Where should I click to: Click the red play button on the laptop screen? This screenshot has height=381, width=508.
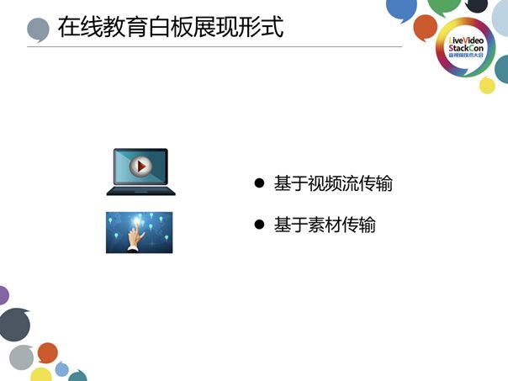(140, 167)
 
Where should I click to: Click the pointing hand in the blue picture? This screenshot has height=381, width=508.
(134, 240)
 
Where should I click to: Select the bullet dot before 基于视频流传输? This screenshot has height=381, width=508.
(260, 183)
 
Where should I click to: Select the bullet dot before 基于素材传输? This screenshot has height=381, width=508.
(260, 225)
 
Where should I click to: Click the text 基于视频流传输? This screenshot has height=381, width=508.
(333, 183)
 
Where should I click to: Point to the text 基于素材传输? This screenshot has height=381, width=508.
(325, 225)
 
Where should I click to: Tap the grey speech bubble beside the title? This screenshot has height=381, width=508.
(38, 30)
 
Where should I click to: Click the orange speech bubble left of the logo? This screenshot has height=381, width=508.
(426, 28)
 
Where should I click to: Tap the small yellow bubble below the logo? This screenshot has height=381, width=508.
(487, 85)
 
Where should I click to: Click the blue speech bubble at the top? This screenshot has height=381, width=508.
(401, 8)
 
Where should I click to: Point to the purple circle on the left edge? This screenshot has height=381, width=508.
(3, 295)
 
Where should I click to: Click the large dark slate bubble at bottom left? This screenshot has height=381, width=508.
(13, 325)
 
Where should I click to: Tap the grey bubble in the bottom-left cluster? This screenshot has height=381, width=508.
(22, 357)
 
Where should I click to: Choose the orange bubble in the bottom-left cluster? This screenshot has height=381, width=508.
(48, 351)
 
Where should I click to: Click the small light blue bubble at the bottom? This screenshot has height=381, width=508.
(62, 368)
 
